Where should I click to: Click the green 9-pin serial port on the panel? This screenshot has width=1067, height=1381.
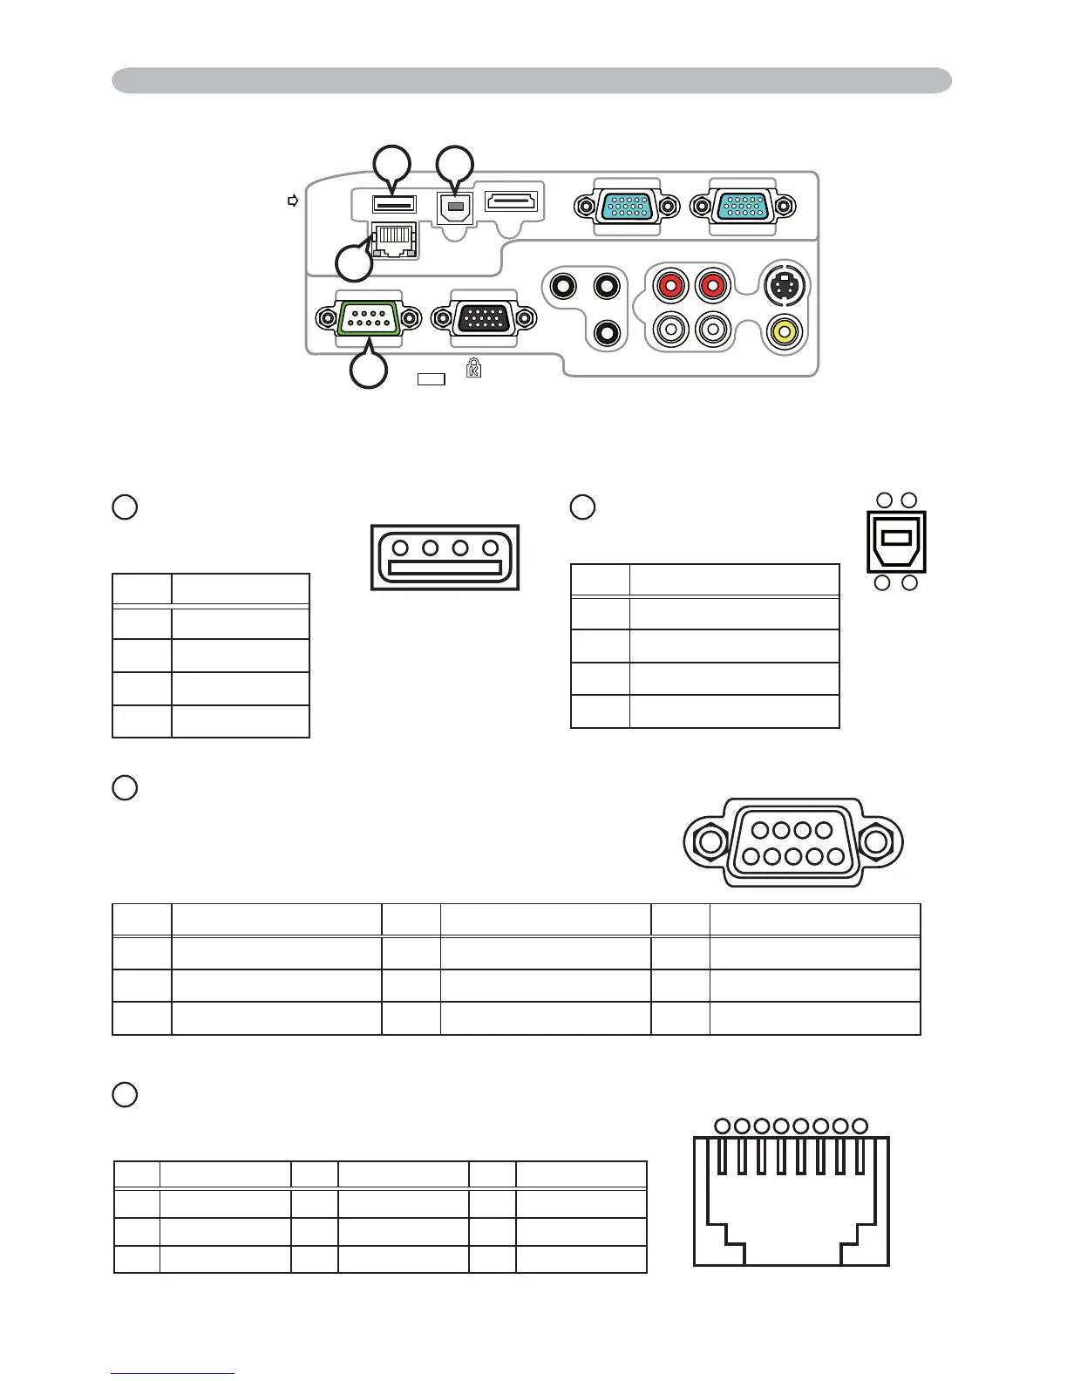coord(368,319)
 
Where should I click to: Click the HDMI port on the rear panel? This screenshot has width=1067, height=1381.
coord(512,203)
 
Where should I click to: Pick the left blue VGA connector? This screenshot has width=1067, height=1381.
coord(626,207)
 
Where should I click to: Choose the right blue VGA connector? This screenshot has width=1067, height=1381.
coord(742,207)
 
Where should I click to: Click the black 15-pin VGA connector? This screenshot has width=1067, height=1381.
coord(485,319)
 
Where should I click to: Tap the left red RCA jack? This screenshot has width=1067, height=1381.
coord(670,285)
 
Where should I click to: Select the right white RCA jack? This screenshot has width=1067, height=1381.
coord(713,330)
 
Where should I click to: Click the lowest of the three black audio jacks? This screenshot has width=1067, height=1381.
coord(607,331)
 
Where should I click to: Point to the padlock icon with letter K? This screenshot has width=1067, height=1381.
coord(473,368)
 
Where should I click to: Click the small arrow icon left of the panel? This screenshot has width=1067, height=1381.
coord(293,201)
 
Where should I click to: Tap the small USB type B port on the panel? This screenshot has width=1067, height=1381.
coord(454,207)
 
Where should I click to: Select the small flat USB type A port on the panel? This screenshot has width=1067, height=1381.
coord(394,204)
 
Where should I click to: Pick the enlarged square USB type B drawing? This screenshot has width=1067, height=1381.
coord(896,541)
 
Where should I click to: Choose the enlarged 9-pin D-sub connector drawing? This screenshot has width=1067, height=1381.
coord(792,843)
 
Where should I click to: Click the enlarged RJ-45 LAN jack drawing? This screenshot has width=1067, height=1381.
coord(792,1200)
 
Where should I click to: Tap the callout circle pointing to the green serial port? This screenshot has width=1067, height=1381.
coord(368,371)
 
